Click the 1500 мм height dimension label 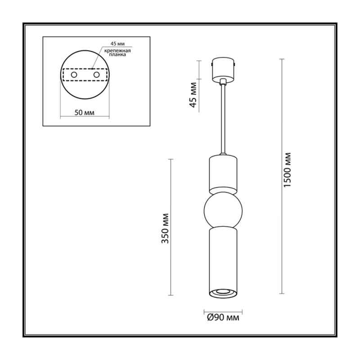287,170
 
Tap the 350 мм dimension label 165,229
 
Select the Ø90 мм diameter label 223,318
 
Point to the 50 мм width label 85,113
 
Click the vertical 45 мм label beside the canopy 193,95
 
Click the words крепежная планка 117,53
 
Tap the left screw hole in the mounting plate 74,75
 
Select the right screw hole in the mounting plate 96,75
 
